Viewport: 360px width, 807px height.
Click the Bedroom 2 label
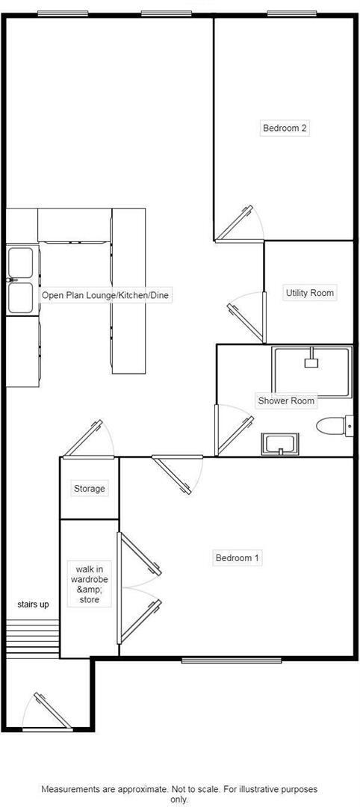285,128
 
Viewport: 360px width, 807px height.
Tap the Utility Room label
309,293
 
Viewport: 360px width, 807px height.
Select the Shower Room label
286,401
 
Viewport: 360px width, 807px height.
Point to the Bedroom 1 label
238,557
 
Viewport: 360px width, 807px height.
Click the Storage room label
89,489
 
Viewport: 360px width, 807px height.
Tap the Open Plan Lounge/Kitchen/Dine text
106,296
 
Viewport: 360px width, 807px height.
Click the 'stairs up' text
34,605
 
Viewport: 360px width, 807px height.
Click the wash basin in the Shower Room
279,444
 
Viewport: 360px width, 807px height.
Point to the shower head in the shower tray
311,362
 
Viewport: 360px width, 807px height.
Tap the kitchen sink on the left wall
20,281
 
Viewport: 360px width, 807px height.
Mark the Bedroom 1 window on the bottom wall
232,660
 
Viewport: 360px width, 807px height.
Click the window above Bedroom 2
291,13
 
